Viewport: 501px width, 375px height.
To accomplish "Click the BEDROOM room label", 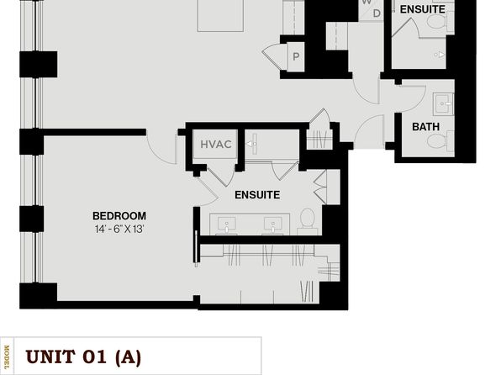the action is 119,216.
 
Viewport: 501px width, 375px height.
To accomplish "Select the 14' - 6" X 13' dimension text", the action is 119,230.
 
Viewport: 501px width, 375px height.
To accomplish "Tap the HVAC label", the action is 216,145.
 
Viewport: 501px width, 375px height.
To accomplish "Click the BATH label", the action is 425,127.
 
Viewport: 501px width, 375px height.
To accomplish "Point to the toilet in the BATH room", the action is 440,141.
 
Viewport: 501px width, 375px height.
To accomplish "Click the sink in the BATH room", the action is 443,103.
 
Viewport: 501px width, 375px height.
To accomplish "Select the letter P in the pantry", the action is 296,57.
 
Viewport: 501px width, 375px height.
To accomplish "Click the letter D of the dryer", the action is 377,13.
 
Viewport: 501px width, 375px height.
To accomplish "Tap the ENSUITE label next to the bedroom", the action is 257,195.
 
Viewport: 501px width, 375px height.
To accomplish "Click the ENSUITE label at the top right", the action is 422,9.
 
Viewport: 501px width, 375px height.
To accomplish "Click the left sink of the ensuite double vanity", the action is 226,224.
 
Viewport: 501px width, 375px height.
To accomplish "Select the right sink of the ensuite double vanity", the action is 273,224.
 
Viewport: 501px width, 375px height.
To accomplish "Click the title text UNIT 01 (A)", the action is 83,357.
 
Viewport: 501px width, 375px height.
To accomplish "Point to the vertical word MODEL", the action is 7,357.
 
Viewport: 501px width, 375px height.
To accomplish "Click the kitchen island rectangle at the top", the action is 220,16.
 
